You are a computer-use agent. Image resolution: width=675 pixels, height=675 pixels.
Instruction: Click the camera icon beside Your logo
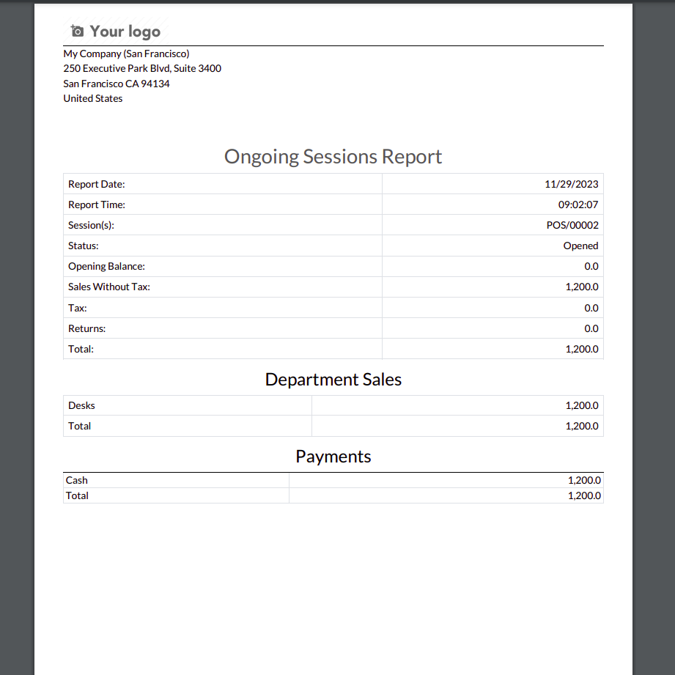pyautogui.click(x=77, y=31)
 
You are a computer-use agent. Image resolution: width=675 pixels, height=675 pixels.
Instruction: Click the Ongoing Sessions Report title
pyautogui.click(x=333, y=157)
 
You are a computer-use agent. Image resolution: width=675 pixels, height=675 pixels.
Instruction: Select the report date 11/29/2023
pyautogui.click(x=571, y=185)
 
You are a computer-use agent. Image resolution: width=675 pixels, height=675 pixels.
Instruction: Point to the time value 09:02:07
pyautogui.click(x=578, y=205)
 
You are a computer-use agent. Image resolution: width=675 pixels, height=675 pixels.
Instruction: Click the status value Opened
pyautogui.click(x=580, y=246)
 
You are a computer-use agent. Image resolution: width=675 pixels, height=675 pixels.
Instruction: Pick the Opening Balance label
pyautogui.click(x=106, y=267)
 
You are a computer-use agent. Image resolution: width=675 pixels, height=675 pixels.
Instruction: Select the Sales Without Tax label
pyautogui.click(x=108, y=287)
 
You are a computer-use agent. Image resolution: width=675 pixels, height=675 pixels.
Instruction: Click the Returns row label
pyautogui.click(x=86, y=328)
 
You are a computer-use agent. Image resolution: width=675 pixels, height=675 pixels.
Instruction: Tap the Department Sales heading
pyautogui.click(x=333, y=380)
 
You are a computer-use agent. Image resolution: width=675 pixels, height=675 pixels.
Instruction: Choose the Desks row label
pyautogui.click(x=81, y=405)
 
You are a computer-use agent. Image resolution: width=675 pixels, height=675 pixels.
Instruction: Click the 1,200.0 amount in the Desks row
pyautogui.click(x=581, y=405)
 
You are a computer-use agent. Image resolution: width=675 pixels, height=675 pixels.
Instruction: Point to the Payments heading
pyautogui.click(x=333, y=457)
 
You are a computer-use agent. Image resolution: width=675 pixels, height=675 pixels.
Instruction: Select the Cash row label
pyautogui.click(x=76, y=481)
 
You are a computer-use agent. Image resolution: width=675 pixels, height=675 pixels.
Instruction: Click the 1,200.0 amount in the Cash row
pyautogui.click(x=584, y=481)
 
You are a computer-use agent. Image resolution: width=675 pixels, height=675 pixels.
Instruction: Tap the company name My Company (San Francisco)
pyautogui.click(x=126, y=54)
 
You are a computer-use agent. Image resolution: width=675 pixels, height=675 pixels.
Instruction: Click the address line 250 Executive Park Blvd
pyautogui.click(x=142, y=68)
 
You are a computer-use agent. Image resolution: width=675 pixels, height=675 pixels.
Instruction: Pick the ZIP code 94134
pyautogui.click(x=155, y=84)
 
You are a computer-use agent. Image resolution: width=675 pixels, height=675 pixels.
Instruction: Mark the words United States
pyautogui.click(x=93, y=98)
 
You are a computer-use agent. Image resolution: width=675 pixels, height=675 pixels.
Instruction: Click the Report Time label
pyautogui.click(x=97, y=205)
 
